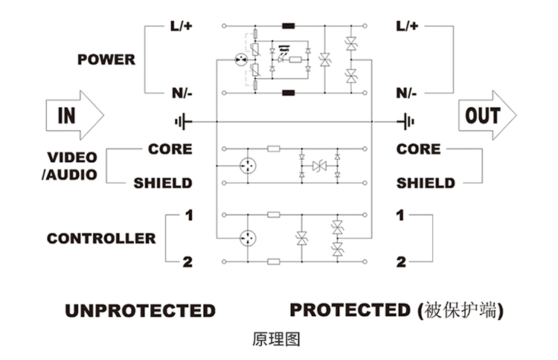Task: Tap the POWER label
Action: point(106,60)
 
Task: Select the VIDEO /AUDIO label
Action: point(72,166)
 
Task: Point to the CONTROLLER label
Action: point(101,239)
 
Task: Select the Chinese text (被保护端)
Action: point(461,310)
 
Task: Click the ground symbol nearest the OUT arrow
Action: point(406,120)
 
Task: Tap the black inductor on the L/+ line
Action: point(287,26)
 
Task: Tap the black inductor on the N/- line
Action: point(287,93)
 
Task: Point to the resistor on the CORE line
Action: point(273,149)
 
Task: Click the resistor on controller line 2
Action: point(273,261)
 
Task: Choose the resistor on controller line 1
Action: point(273,215)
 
